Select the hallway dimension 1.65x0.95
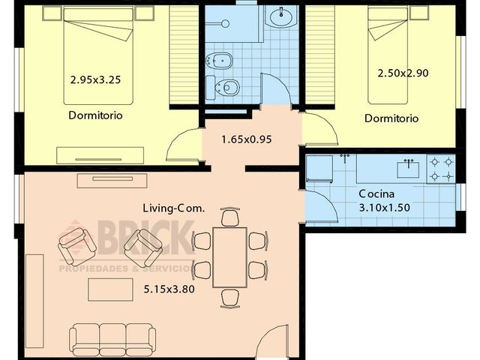coord(246,139)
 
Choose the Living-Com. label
coord(172,208)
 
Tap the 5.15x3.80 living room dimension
coord(163,287)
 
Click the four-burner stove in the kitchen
coord(440,169)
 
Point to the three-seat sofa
coord(112,338)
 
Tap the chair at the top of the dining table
coord(231,217)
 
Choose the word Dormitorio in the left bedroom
coord(95,115)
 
